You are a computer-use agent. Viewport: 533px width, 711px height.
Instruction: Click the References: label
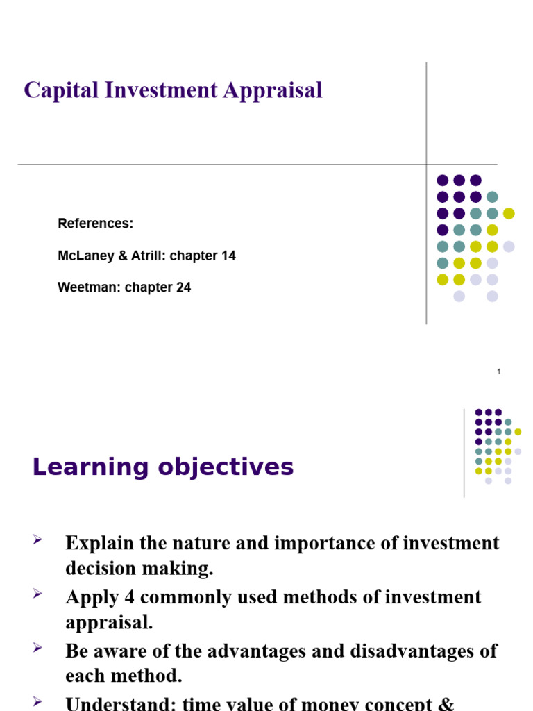[95, 224]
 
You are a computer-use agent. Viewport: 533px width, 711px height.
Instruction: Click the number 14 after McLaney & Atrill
[228, 256]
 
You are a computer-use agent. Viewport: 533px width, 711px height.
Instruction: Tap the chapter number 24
[183, 287]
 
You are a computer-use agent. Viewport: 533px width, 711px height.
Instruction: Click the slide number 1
[498, 372]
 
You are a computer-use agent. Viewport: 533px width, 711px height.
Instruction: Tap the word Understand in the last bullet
[120, 703]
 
